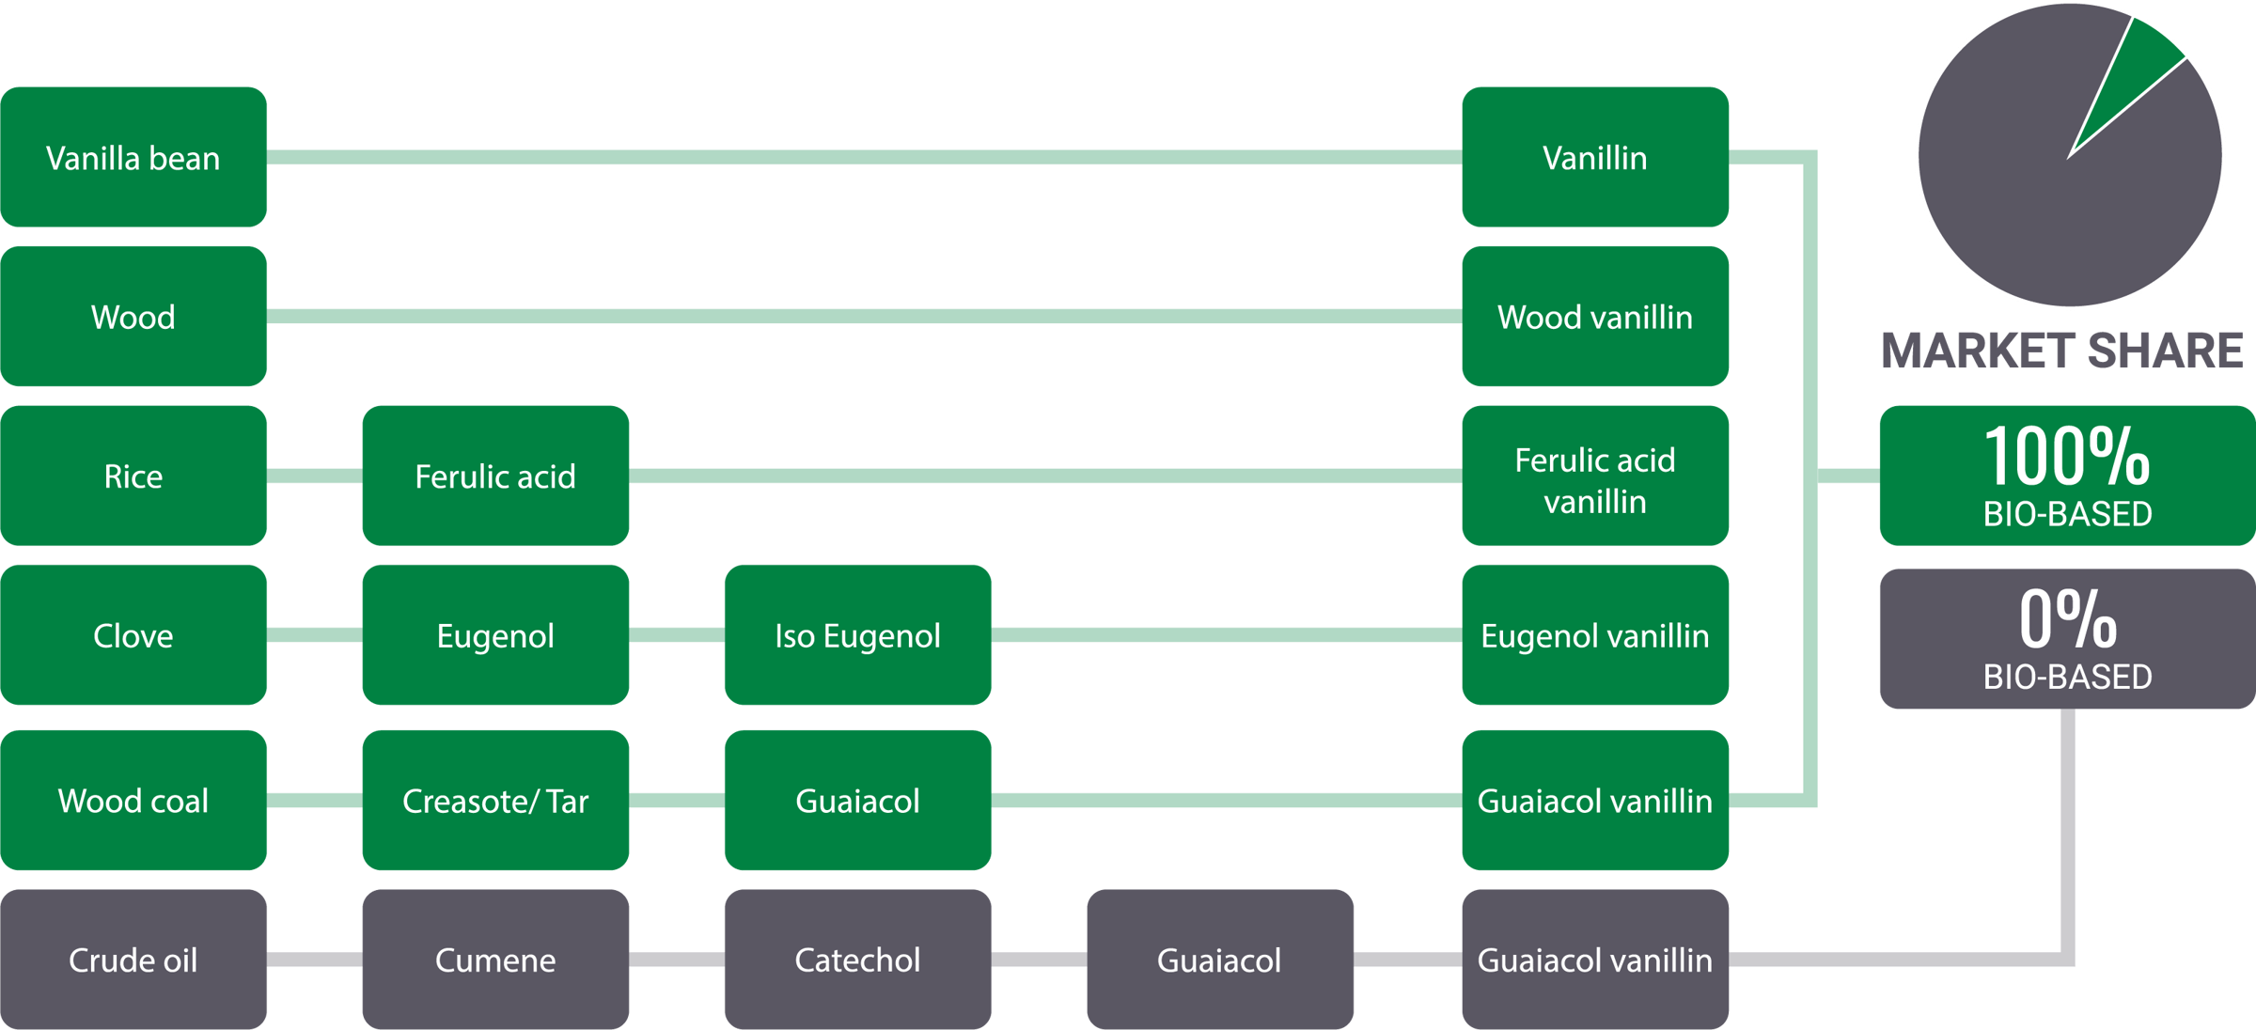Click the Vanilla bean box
(133, 158)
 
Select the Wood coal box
(133, 801)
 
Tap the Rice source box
(133, 476)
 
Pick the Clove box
(133, 636)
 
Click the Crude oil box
(133, 960)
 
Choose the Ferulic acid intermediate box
(495, 476)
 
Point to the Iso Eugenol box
(857, 636)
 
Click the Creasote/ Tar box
(495, 801)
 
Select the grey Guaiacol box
(1219, 960)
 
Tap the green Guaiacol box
(857, 801)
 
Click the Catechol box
(857, 960)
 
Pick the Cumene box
(495, 960)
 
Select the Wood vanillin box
(1595, 317)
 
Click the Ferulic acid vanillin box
(1595, 476)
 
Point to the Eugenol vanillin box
(1595, 636)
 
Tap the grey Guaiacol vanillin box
(1595, 960)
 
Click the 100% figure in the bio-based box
(2066, 457)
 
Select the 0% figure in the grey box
(2066, 619)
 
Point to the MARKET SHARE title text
(2062, 351)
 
